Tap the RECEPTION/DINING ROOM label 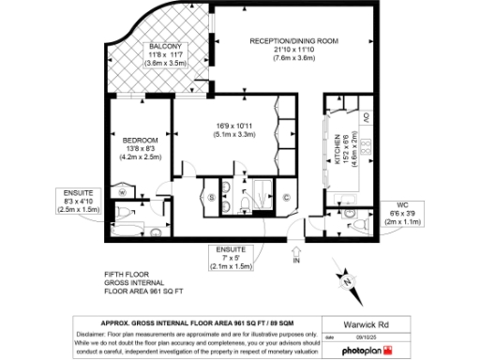click(x=293, y=41)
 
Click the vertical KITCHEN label click(x=337, y=148)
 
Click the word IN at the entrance click(x=296, y=262)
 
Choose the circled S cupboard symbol click(x=211, y=197)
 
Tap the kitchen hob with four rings click(x=367, y=146)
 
